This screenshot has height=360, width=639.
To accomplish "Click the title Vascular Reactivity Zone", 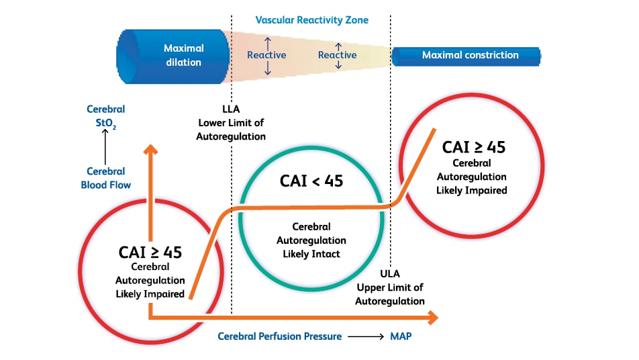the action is [x=311, y=20].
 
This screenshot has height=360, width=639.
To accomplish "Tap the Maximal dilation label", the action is [x=183, y=55].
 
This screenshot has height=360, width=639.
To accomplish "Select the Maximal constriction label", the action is [x=471, y=55].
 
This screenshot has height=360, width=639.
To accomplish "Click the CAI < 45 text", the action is [x=311, y=181].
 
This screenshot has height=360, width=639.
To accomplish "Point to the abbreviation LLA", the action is [x=231, y=109].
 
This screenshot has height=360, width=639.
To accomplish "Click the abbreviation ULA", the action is [x=390, y=273].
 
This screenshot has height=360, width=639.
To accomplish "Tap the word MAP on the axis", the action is [x=401, y=336].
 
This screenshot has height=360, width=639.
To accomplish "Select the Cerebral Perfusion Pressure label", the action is [x=279, y=336].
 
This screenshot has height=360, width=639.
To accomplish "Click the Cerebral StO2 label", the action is [x=106, y=116].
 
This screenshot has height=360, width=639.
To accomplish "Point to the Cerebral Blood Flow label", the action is [x=106, y=178].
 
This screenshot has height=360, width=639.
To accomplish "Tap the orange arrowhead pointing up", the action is [x=151, y=150].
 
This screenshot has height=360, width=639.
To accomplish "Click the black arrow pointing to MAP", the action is [x=366, y=336].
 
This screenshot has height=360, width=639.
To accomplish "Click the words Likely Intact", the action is [x=311, y=254].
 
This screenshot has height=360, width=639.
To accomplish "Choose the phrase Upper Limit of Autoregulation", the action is [x=390, y=294].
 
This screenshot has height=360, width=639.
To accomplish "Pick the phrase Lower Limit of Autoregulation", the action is [x=231, y=130].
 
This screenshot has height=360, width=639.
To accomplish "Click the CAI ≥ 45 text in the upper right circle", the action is [x=474, y=147].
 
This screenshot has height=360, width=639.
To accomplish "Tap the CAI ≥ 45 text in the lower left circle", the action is [x=150, y=253].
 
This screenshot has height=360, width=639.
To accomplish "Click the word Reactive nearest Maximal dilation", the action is [x=266, y=55].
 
